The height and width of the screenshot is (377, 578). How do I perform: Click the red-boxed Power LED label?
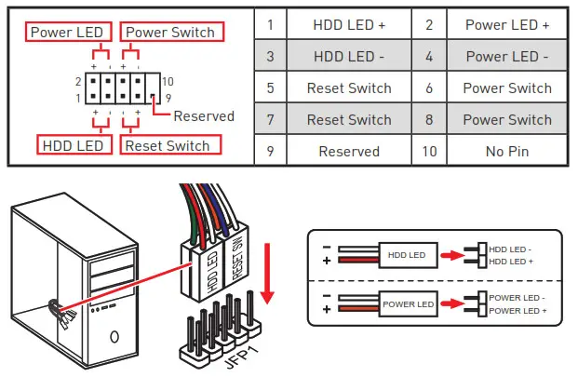pyautogui.click(x=69, y=32)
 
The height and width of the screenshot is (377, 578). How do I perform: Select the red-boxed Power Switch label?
pyautogui.click(x=172, y=32)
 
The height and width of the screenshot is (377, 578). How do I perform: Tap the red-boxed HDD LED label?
pyautogui.click(x=74, y=145)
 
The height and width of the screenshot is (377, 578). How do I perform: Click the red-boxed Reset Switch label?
pyautogui.click(x=170, y=145)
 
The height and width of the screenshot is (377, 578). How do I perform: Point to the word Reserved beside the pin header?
pyautogui.click(x=204, y=116)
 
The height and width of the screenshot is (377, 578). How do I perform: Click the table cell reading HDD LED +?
pyautogui.click(x=349, y=25)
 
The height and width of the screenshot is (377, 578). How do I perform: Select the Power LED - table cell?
pyautogui.click(x=507, y=57)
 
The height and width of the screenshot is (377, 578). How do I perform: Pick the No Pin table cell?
pyautogui.click(x=507, y=151)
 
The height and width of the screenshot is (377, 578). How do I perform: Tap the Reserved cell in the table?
pyautogui.click(x=349, y=151)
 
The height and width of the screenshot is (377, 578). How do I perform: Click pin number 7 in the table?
pyautogui.click(x=270, y=120)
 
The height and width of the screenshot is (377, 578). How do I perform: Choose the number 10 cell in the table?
pyautogui.click(x=429, y=151)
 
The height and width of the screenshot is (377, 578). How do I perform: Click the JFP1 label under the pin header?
pyautogui.click(x=242, y=356)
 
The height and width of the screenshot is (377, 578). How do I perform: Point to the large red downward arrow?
pyautogui.click(x=267, y=274)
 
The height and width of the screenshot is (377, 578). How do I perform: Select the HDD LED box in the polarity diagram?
pyautogui.click(x=408, y=255)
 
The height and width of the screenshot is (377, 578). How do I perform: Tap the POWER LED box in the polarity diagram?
pyautogui.click(x=408, y=304)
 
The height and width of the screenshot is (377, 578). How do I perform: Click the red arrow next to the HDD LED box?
pyautogui.click(x=452, y=255)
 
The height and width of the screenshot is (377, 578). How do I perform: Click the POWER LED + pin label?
pyautogui.click(x=518, y=311)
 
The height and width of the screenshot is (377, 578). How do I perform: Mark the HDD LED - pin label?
pyautogui.click(x=510, y=249)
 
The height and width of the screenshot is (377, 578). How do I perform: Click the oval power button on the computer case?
pyautogui.click(x=114, y=336)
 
